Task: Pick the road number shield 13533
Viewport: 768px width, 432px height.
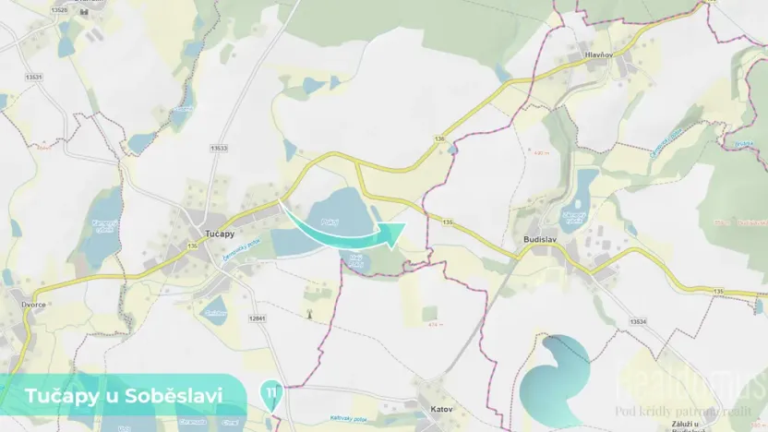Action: tap(219, 148)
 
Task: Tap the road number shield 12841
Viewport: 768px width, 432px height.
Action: tap(257, 318)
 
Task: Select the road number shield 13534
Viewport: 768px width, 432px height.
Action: tap(638, 320)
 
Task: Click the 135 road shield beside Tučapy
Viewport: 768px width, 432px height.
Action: tap(192, 246)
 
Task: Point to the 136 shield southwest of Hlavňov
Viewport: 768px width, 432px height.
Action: tap(440, 138)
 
